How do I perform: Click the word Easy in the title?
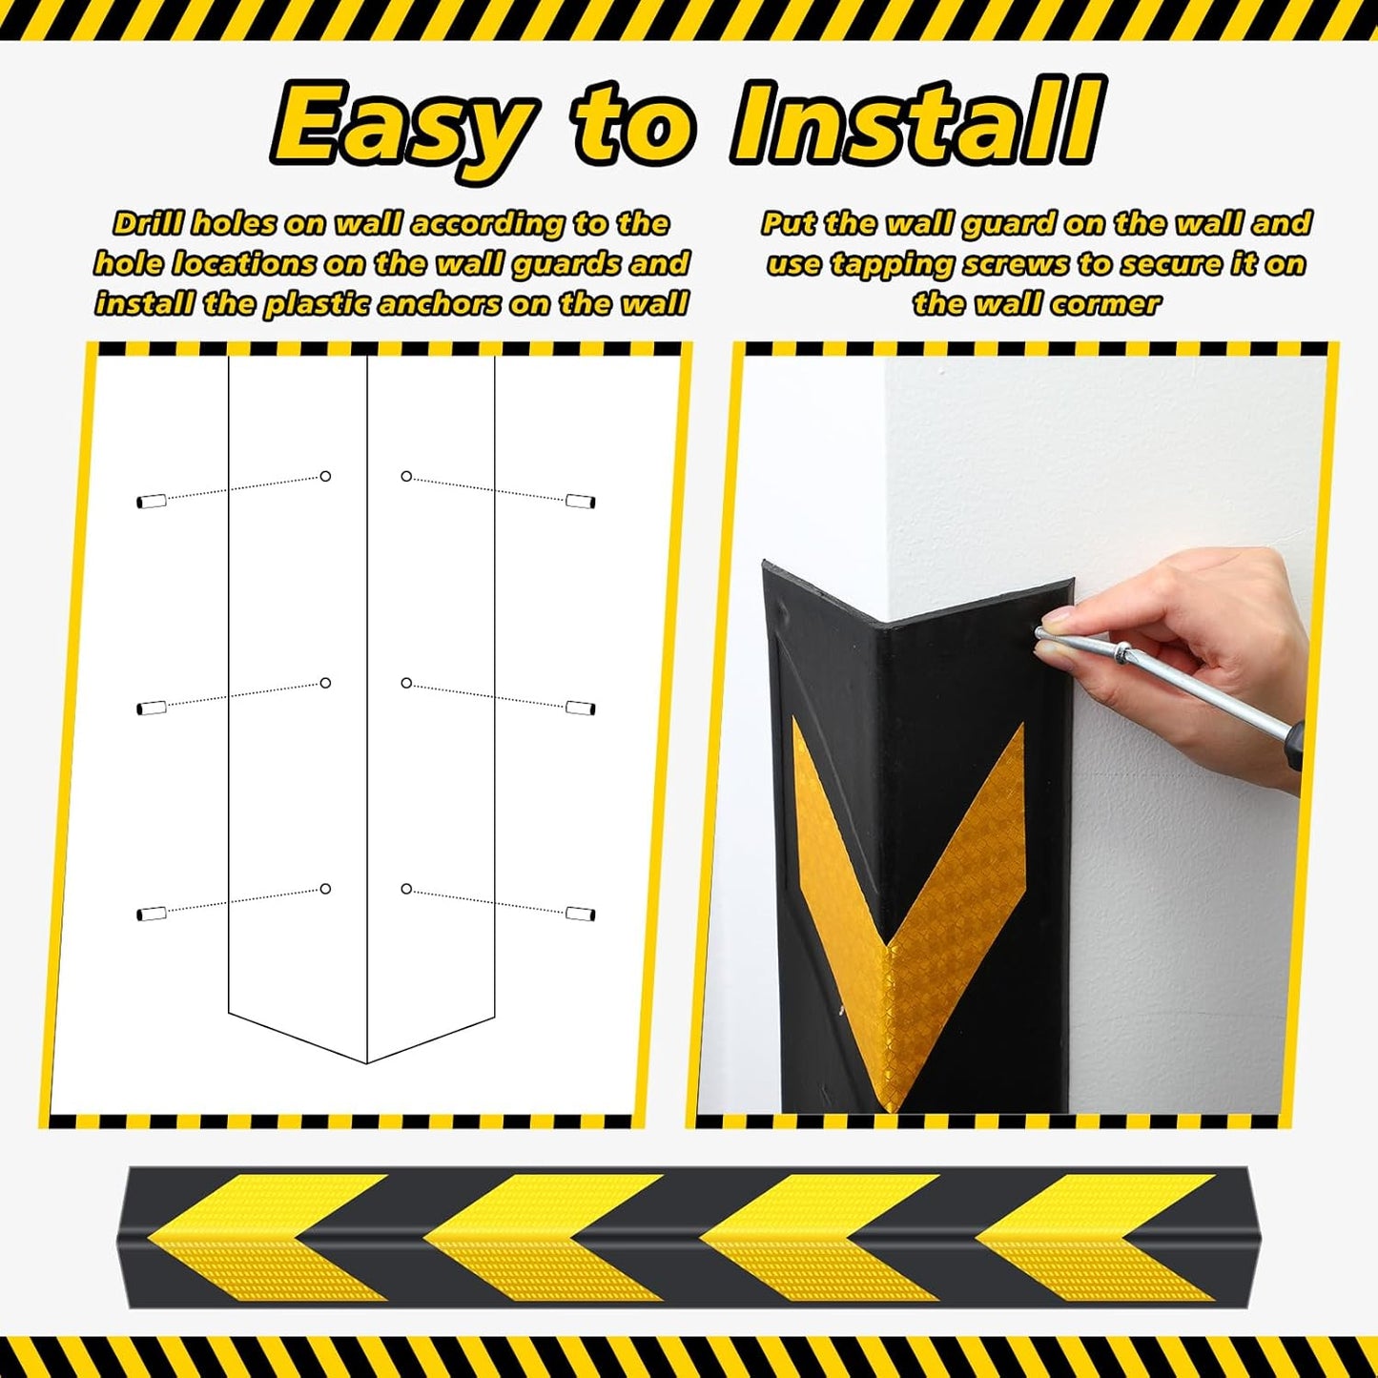[x=401, y=124]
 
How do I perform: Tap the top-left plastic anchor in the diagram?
[x=152, y=501]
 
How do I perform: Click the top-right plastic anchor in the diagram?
[x=580, y=501]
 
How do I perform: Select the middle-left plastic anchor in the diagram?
[x=152, y=708]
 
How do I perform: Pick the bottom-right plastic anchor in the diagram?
[x=580, y=914]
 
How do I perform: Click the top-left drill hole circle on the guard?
[x=325, y=476]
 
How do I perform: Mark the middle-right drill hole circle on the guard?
[x=406, y=683]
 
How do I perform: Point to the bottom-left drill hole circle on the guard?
[x=325, y=889]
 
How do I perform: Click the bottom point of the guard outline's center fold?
[x=367, y=1061]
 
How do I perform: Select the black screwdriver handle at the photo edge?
[x=1294, y=744]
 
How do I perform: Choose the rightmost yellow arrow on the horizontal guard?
[x=1097, y=1237]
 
